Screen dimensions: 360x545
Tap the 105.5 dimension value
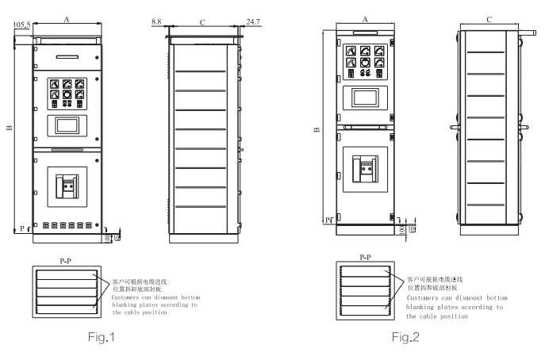tap(21, 25)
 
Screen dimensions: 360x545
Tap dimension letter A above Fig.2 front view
tap(364, 20)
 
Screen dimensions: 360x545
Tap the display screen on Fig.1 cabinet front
tap(66, 126)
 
